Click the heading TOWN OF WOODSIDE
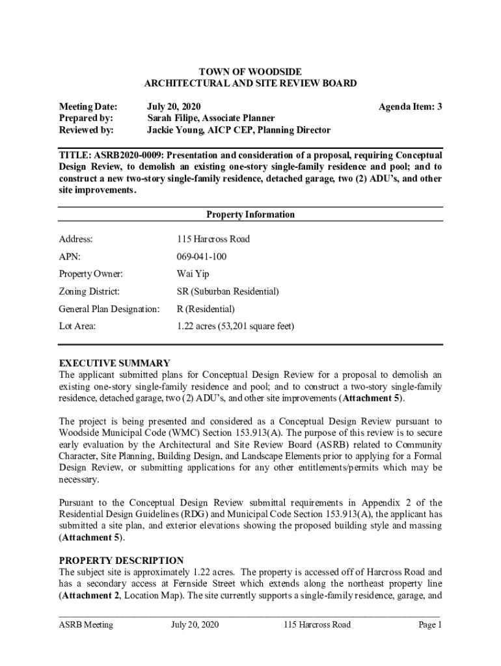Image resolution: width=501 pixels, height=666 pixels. (x=251, y=71)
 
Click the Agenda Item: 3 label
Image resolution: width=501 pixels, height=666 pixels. (x=410, y=106)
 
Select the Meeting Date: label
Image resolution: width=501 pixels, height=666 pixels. (x=88, y=106)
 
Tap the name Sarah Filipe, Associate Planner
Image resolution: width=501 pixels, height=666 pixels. (x=211, y=118)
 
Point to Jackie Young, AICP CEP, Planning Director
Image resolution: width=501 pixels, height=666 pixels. (x=238, y=130)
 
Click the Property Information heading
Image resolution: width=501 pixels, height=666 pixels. (x=251, y=215)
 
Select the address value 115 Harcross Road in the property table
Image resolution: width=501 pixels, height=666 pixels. (x=213, y=239)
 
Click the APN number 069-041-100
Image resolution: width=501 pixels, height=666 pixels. (x=202, y=257)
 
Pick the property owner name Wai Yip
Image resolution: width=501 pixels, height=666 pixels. (x=193, y=274)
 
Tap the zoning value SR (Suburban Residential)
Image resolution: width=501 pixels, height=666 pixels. (x=228, y=291)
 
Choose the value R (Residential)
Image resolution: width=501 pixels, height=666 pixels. (x=206, y=309)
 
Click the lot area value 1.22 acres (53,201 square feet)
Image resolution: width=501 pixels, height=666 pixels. (x=236, y=326)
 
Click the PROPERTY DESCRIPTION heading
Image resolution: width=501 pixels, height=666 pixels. (x=121, y=560)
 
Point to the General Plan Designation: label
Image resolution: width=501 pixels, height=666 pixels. (x=109, y=309)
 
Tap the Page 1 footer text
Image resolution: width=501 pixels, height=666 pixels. (x=431, y=625)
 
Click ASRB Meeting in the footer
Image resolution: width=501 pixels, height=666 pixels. (x=86, y=625)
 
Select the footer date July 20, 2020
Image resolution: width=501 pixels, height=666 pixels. (x=195, y=625)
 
